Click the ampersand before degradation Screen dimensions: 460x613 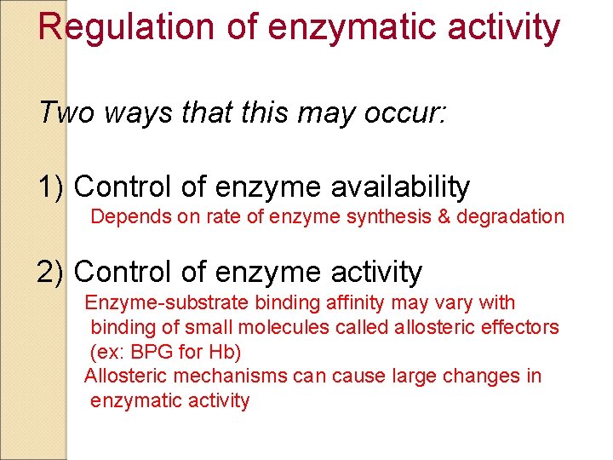click(444, 216)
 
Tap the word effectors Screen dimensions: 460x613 click(522, 327)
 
